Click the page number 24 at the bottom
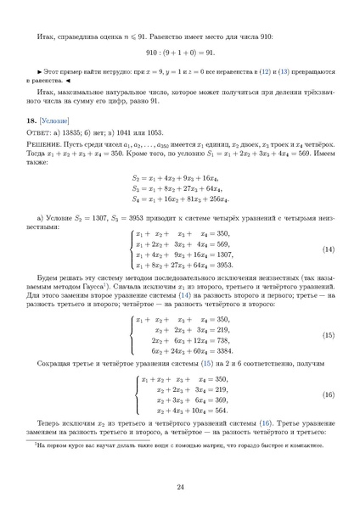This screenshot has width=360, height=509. tap(181, 486)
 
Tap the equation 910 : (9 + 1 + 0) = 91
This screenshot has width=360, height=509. tap(180, 53)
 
